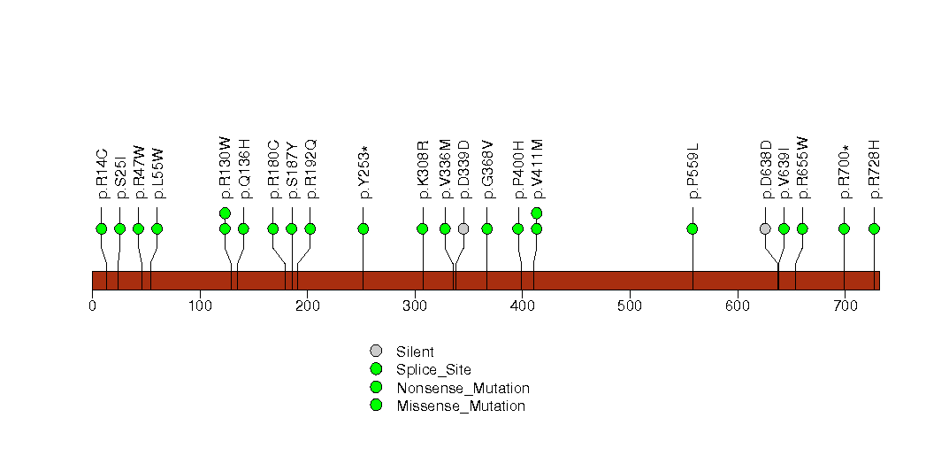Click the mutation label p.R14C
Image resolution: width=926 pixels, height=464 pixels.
click(102, 174)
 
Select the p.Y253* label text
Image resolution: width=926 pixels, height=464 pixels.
click(364, 172)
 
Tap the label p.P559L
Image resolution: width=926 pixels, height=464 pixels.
click(693, 171)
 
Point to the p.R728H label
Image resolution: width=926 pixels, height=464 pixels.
click(875, 170)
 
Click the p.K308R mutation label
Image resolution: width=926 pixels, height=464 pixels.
click(423, 170)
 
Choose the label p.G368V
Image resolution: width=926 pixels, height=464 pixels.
click(487, 170)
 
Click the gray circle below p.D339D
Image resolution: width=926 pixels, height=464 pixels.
click(463, 228)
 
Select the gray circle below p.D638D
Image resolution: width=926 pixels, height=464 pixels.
click(765, 228)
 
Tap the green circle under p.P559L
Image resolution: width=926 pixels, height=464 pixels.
click(693, 228)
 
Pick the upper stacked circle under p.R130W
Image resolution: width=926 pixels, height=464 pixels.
click(225, 213)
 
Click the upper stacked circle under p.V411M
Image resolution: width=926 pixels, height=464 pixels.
click(537, 213)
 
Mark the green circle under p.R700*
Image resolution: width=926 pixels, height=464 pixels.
click(845, 228)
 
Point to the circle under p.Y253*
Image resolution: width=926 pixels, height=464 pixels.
click(364, 228)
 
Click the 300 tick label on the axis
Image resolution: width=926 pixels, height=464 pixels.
click(415, 305)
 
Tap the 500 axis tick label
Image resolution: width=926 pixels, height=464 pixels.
click(630, 305)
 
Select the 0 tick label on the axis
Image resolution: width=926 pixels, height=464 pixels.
click(93, 305)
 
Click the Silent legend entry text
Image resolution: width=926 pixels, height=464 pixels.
click(415, 352)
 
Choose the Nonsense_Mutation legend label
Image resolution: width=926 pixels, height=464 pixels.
click(463, 389)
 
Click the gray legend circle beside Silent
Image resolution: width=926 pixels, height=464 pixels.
click(376, 352)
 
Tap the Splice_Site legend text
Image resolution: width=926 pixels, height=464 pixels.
click(434, 370)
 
